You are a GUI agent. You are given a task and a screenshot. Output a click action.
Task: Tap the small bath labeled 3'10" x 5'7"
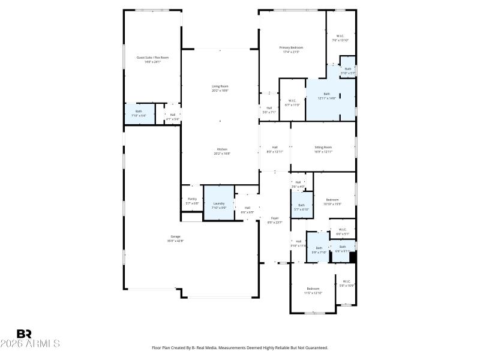click(348, 69)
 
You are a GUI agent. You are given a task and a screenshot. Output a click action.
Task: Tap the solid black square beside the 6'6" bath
click(353, 257)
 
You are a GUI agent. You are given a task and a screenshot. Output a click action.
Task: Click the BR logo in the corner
click(24, 334)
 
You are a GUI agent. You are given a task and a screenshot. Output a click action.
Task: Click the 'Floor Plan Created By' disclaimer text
click(240, 347)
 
